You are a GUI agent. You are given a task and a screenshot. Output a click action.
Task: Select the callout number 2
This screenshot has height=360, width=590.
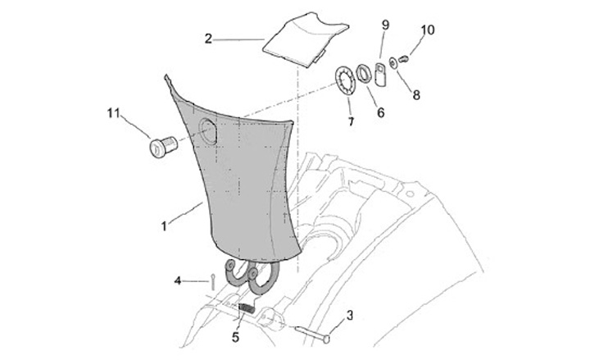[x=209, y=38]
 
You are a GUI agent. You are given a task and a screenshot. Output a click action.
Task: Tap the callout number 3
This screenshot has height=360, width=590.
[x=349, y=315]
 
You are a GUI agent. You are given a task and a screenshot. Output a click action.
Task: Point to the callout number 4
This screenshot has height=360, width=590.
[x=177, y=281]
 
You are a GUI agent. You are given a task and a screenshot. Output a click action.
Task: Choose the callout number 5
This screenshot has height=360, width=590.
[x=236, y=335]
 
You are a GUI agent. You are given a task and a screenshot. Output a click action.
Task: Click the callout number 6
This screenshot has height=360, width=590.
[x=380, y=112]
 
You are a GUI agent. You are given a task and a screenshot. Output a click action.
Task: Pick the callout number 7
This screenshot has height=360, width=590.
[x=351, y=122]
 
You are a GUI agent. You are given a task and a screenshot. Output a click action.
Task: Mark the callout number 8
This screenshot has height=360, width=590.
[x=416, y=95]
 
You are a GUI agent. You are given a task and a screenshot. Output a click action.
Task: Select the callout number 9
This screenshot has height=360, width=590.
[x=385, y=25]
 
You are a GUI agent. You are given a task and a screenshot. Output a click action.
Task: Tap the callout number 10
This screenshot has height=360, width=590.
[x=427, y=30]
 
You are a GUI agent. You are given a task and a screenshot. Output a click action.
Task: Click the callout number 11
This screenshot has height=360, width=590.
[x=111, y=112]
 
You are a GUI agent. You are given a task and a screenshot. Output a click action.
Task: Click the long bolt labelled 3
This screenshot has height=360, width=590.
[x=311, y=334]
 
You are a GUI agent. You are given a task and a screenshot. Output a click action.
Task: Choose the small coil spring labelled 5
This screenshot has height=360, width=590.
[x=246, y=309]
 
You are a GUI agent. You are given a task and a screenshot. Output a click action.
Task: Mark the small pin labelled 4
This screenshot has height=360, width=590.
[x=212, y=280]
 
